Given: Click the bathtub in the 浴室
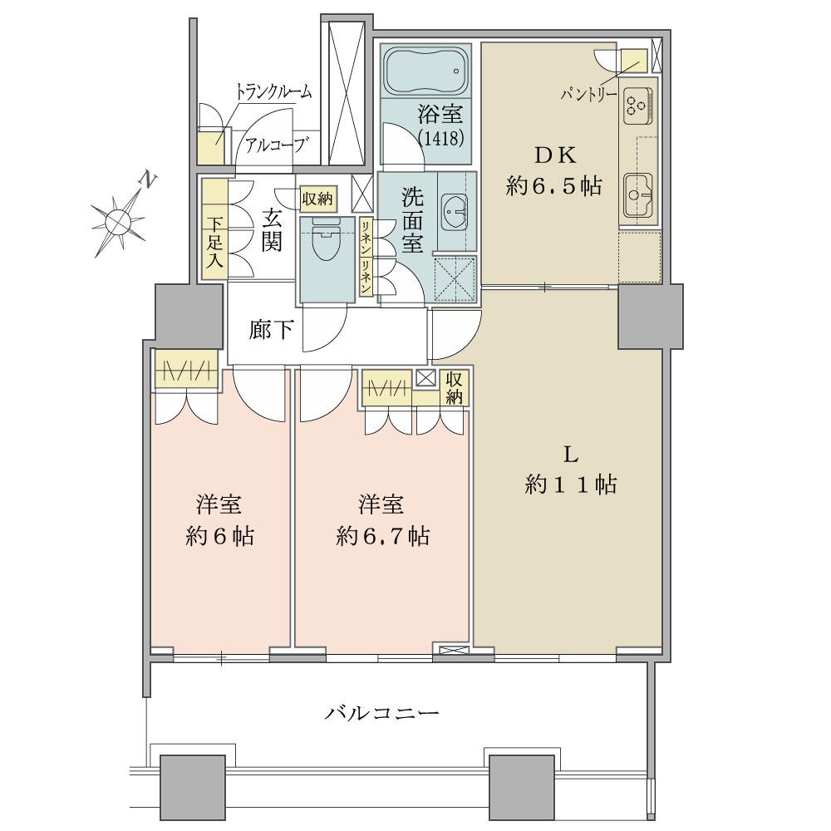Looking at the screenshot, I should [x=425, y=72].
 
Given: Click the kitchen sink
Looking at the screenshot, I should [x=638, y=195].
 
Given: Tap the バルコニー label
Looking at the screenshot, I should [x=381, y=712].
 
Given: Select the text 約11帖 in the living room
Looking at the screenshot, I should [x=570, y=484].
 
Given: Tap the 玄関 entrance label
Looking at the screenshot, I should [x=272, y=229].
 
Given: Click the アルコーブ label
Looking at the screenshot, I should [x=275, y=143].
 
